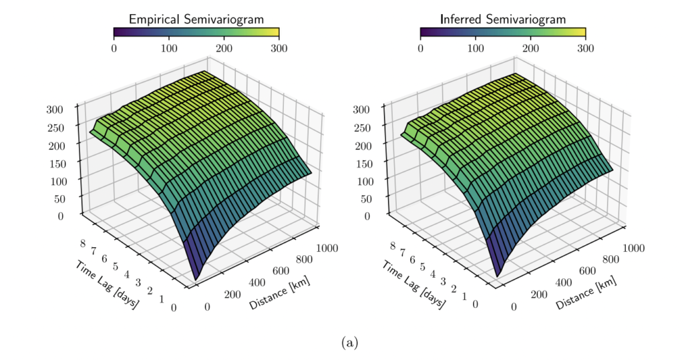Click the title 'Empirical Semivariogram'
[x=196, y=19]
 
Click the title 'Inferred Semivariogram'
[x=502, y=19]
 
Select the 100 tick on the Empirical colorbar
[x=169, y=49]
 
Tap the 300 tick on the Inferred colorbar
[x=585, y=49]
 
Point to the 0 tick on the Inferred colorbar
[x=420, y=49]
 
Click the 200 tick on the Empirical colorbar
[x=224, y=49]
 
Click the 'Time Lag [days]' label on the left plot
[x=107, y=285]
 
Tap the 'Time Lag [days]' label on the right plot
[x=414, y=285]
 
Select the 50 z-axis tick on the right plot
[x=361, y=198]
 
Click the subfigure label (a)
[x=349, y=343]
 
